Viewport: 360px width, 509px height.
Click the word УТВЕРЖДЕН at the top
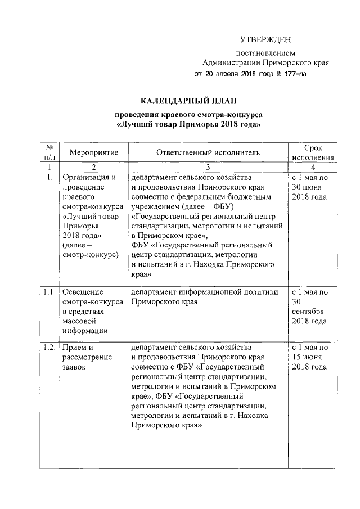265,39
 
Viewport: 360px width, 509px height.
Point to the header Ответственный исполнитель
208,152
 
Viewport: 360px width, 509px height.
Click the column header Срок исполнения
313,152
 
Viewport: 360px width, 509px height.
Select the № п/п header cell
49,152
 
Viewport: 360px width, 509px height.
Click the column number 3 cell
208,167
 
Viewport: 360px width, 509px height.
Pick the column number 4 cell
313,167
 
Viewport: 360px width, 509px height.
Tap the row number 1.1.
49,292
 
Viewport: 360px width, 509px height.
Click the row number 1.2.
49,348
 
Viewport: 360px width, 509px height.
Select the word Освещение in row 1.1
83,292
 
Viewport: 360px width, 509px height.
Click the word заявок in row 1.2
75,367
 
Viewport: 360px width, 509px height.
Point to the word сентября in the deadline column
309,312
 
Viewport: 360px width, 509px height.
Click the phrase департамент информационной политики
205,292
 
